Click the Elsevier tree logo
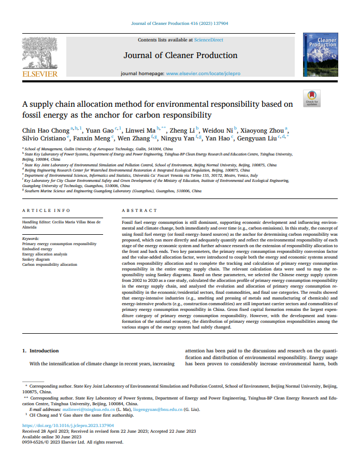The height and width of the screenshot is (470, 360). pos(39,52)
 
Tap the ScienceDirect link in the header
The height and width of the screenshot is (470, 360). pos(208,40)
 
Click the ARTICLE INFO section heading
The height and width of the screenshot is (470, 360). pos(46,210)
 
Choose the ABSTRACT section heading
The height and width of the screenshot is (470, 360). pos(139,210)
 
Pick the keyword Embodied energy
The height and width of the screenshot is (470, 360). pos(37,249)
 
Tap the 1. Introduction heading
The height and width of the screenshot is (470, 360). pos(40,351)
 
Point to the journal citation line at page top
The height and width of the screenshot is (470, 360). pos(180,24)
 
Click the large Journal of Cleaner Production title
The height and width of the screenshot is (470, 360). pos(180,55)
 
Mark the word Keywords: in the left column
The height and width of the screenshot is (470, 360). pos(32,239)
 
